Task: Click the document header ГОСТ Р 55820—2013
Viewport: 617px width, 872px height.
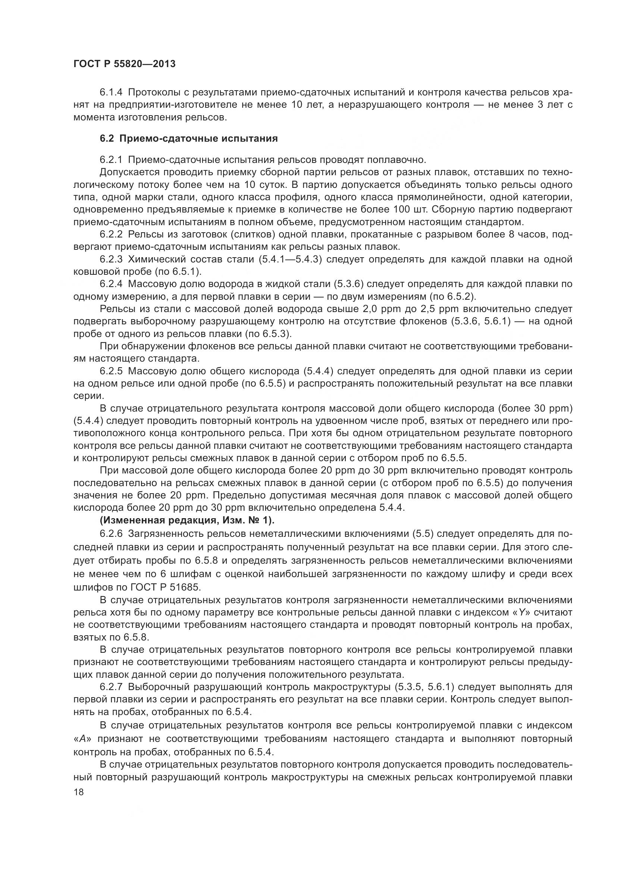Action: pyautogui.click(x=124, y=64)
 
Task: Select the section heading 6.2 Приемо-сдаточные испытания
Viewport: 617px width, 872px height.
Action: pyautogui.click(x=188, y=139)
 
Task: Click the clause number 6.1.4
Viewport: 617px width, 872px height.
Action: pyautogui.click(x=111, y=92)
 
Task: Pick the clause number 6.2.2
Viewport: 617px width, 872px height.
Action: pyautogui.click(x=111, y=234)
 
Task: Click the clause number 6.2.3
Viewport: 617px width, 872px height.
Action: pyautogui.click(x=111, y=259)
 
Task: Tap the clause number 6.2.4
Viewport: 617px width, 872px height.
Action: pyautogui.click(x=111, y=284)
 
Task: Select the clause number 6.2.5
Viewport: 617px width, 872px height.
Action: pyautogui.click(x=111, y=371)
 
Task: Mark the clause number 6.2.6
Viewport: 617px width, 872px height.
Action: pyautogui.click(x=111, y=533)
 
